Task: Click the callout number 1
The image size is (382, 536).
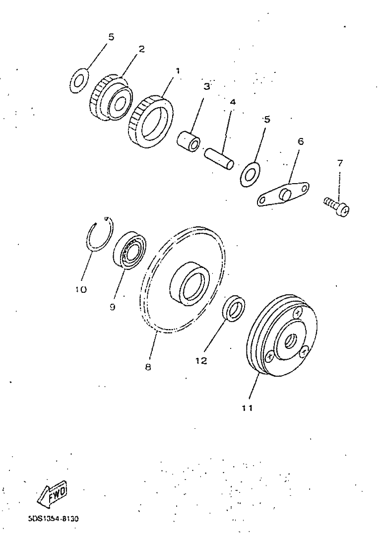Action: [x=178, y=71]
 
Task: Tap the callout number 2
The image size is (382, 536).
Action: [x=141, y=49]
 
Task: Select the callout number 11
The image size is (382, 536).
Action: [x=247, y=408]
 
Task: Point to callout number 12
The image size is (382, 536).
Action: [x=201, y=361]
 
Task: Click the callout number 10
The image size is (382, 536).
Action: [x=81, y=289]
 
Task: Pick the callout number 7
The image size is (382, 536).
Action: [x=340, y=163]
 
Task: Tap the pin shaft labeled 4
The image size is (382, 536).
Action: [x=219, y=158]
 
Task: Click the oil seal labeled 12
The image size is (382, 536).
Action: [x=234, y=308]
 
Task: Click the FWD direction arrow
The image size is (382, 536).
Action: [x=52, y=495]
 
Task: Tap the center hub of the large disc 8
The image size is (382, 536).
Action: [x=189, y=283]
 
